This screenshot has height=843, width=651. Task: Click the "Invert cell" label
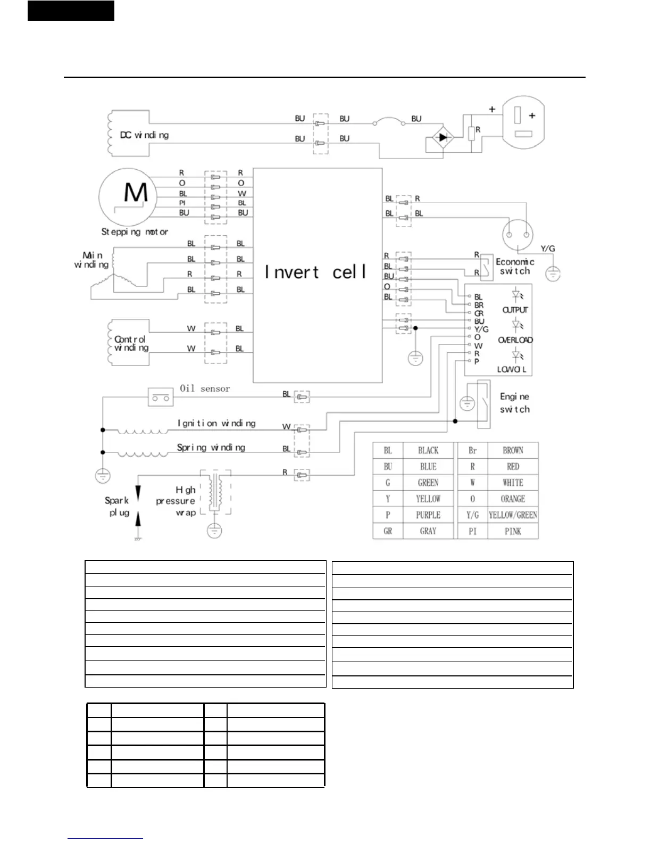[316, 272]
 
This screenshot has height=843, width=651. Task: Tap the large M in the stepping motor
[136, 192]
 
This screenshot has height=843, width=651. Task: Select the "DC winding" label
[144, 135]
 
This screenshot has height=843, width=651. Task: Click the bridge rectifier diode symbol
[442, 137]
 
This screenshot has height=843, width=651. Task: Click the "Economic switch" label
[515, 266]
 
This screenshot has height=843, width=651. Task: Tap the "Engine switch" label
[514, 403]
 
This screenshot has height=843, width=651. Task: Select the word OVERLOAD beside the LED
[515, 340]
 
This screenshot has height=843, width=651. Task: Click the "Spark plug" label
[117, 506]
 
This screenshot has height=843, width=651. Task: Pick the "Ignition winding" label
[216, 423]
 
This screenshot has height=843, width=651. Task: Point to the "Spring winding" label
[211, 448]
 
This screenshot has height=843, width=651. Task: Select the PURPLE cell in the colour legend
[428, 515]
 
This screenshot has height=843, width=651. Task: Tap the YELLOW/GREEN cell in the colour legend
[513, 515]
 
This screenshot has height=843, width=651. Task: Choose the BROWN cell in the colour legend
[513, 450]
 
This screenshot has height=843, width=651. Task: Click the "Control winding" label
[131, 343]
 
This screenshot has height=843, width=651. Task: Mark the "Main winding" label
[91, 260]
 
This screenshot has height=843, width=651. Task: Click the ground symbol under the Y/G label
[553, 274]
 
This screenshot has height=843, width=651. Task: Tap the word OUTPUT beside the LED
[515, 310]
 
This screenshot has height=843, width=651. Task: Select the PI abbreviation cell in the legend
[472, 531]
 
